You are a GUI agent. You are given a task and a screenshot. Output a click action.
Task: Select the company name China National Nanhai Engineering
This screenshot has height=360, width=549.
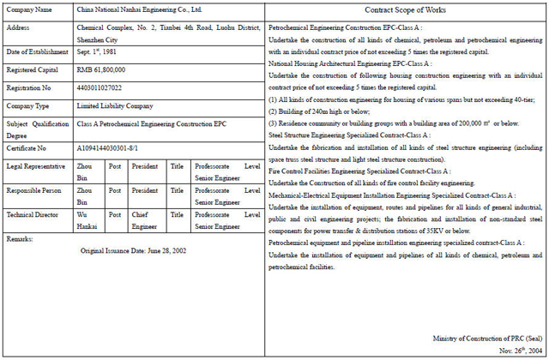point(139,10)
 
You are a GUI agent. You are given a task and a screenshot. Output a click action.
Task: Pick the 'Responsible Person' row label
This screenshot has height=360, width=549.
point(33,190)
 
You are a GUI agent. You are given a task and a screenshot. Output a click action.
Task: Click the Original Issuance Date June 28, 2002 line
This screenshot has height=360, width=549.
point(133,251)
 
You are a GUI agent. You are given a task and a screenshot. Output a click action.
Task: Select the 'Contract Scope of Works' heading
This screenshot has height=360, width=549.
point(405,10)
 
